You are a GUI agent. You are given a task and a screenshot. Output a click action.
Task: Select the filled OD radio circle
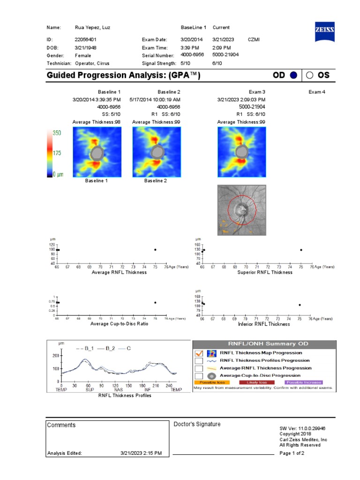pyautogui.click(x=293, y=75)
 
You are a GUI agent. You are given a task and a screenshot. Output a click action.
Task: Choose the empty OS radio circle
pyautogui.click(x=310, y=75)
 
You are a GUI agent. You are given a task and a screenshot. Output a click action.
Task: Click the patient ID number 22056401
pyautogui.click(x=86, y=40)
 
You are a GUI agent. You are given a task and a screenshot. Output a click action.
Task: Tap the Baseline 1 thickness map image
pyautogui.click(x=97, y=152)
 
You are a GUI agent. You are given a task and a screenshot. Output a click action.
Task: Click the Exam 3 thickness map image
pyautogui.click(x=241, y=152)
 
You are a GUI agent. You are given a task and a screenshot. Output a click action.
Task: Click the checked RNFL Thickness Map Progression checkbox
pyautogui.click(x=198, y=353)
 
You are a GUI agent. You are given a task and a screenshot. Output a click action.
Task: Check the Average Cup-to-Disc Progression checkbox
pyautogui.click(x=198, y=375)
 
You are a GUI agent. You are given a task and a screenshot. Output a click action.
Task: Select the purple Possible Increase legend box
pyautogui.click(x=303, y=382)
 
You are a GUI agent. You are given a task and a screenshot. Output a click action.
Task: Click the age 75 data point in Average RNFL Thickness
pyautogui.click(x=155, y=250)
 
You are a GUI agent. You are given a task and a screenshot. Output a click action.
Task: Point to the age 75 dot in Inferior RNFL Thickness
pyautogui.click(x=300, y=305)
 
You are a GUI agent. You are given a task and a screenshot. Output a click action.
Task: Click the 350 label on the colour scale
pyautogui.click(x=57, y=133)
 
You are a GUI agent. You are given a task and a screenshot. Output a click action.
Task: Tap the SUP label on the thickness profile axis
pyautogui.click(x=87, y=390)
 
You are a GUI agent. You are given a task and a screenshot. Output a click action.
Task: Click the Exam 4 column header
pyautogui.click(x=316, y=92)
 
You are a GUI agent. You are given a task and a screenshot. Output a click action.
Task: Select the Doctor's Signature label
pyautogui.click(x=197, y=424)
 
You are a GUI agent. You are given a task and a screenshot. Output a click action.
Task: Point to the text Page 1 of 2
pyautogui.click(x=292, y=453)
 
